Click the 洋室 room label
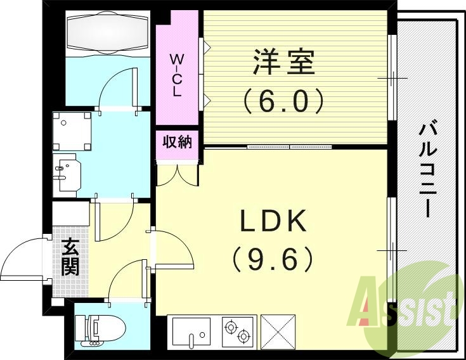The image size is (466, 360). [x=284, y=63]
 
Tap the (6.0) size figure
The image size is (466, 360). [x=284, y=100]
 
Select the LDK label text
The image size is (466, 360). [x=273, y=221]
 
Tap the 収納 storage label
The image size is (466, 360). [x=177, y=142]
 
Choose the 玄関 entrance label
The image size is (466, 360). [x=70, y=257]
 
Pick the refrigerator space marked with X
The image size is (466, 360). [x=279, y=331]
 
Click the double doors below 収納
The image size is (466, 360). [x=178, y=174]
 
